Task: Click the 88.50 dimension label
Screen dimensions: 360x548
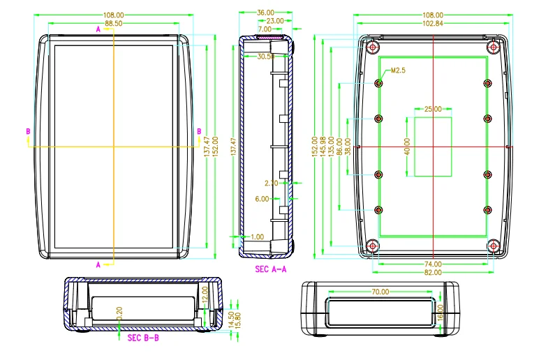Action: pos(114,23)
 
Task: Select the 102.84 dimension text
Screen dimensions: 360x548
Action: pos(433,23)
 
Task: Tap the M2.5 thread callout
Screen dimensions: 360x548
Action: pos(398,70)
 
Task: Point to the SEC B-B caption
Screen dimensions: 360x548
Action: pos(143,338)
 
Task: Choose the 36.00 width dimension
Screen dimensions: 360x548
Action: pos(265,13)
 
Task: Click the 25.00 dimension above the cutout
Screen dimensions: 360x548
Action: pos(433,109)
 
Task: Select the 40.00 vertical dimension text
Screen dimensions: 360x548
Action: pos(407,147)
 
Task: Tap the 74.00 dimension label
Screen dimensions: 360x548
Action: pos(433,264)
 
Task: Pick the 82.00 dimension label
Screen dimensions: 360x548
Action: pos(433,272)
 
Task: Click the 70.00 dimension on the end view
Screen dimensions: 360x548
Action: pos(380,292)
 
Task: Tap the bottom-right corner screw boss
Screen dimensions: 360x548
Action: pos(494,246)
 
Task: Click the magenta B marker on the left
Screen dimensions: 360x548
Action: pos(28,131)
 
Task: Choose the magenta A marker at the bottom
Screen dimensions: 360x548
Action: pos(98,264)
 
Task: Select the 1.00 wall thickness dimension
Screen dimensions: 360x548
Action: pos(258,237)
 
